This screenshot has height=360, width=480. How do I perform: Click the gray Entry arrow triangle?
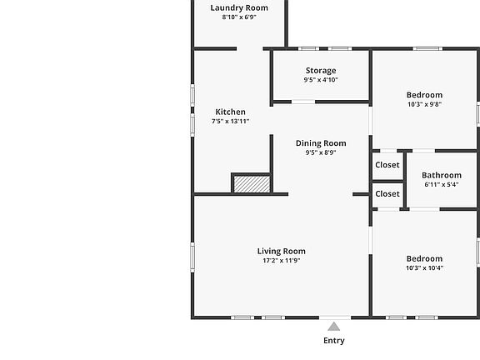click(x=333, y=327)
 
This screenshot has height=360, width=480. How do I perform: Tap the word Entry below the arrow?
click(x=334, y=340)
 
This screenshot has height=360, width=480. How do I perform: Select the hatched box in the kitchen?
click(x=252, y=184)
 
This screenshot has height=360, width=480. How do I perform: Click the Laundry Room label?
click(x=239, y=7)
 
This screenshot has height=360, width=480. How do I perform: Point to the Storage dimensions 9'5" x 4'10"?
click(x=321, y=80)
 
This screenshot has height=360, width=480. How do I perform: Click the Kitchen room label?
click(x=230, y=112)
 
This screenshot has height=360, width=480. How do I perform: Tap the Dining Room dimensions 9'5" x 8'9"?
click(x=321, y=152)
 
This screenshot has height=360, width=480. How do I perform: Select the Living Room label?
click(x=282, y=252)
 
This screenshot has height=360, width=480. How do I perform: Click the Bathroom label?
click(x=442, y=175)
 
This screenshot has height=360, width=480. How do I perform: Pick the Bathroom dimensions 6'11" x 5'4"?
click(x=442, y=185)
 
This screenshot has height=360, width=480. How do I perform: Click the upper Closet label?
click(x=387, y=165)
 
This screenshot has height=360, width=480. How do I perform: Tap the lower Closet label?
click(x=387, y=194)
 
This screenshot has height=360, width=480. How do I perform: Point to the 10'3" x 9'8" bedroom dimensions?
click(x=424, y=104)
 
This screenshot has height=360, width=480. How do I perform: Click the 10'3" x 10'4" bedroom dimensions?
click(x=425, y=268)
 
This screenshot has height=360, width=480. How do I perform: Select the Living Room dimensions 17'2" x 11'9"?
click(x=282, y=261)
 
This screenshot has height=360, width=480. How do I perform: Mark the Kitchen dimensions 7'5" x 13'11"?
click(x=230, y=121)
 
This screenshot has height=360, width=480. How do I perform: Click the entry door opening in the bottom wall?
click(x=335, y=317)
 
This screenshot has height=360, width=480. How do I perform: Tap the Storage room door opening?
click(x=303, y=102)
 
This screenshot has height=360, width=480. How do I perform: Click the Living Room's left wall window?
click(x=192, y=257)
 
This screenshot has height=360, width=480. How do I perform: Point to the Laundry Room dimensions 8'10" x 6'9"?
click(x=239, y=17)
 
